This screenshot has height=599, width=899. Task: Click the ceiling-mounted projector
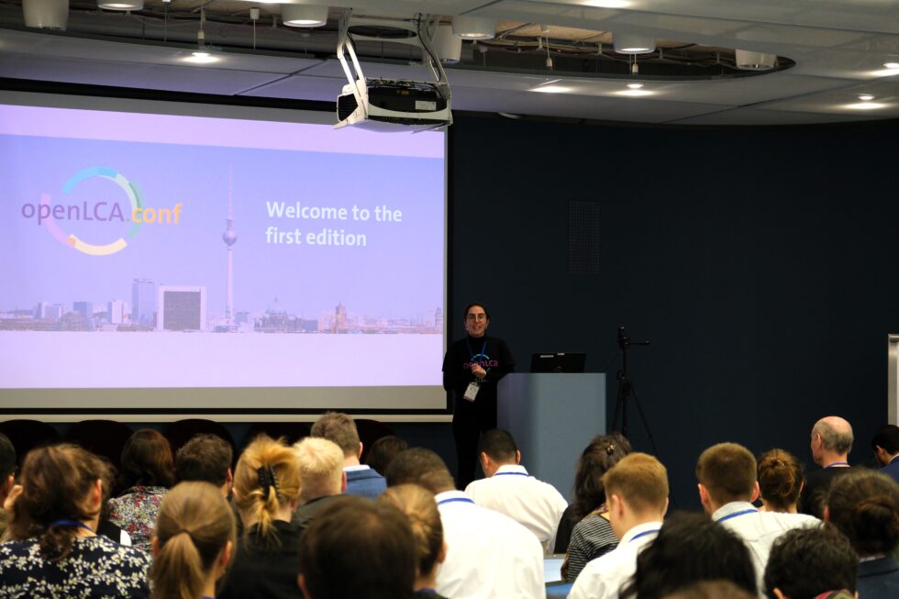coord(394,102)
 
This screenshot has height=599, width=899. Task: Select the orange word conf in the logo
coord(157,214)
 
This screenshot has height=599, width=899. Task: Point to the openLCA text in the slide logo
coord(72,212)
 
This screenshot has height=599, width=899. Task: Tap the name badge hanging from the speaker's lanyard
coord(472,391)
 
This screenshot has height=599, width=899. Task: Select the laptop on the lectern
coord(558,363)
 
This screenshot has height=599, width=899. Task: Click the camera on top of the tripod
coord(623,336)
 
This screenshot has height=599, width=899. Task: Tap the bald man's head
coord(833,435)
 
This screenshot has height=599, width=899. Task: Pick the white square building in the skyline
coord(182,308)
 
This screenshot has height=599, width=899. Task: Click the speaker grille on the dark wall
coord(583,236)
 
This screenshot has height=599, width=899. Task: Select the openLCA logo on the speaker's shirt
coord(481,362)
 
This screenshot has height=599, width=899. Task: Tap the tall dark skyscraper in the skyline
coord(143,301)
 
